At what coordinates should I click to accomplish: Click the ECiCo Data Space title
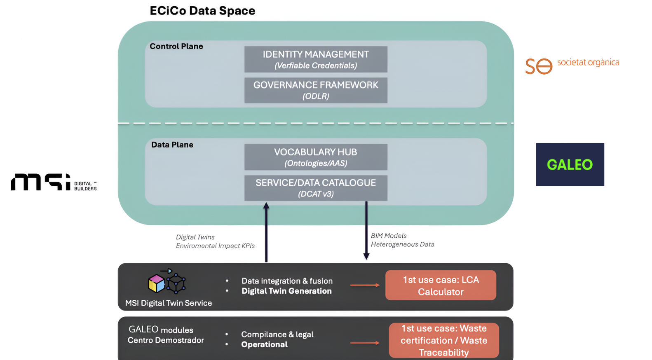coord(202,11)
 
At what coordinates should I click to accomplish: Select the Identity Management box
coord(316,59)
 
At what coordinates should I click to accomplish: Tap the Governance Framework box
coord(316,90)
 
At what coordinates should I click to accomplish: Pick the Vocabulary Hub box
coord(316,157)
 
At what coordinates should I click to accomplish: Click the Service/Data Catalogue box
coord(316,188)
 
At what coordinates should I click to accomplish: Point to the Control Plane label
coord(176,46)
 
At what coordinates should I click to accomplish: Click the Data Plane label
coord(172,145)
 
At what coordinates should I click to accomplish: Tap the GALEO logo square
coord(570,164)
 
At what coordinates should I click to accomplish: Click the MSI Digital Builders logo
coord(54,182)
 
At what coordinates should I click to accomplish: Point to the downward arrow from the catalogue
coord(366,231)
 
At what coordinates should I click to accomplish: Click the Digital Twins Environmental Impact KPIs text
coord(215,241)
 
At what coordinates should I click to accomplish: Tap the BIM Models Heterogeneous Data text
coord(402,240)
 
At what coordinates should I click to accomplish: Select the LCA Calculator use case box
coord(441,285)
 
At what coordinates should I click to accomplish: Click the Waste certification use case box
coord(444,340)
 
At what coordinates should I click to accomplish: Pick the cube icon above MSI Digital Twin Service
coord(167,282)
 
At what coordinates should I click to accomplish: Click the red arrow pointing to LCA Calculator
coord(365,285)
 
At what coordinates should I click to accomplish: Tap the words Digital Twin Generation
coord(286,291)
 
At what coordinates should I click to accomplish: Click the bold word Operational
coord(264,345)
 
